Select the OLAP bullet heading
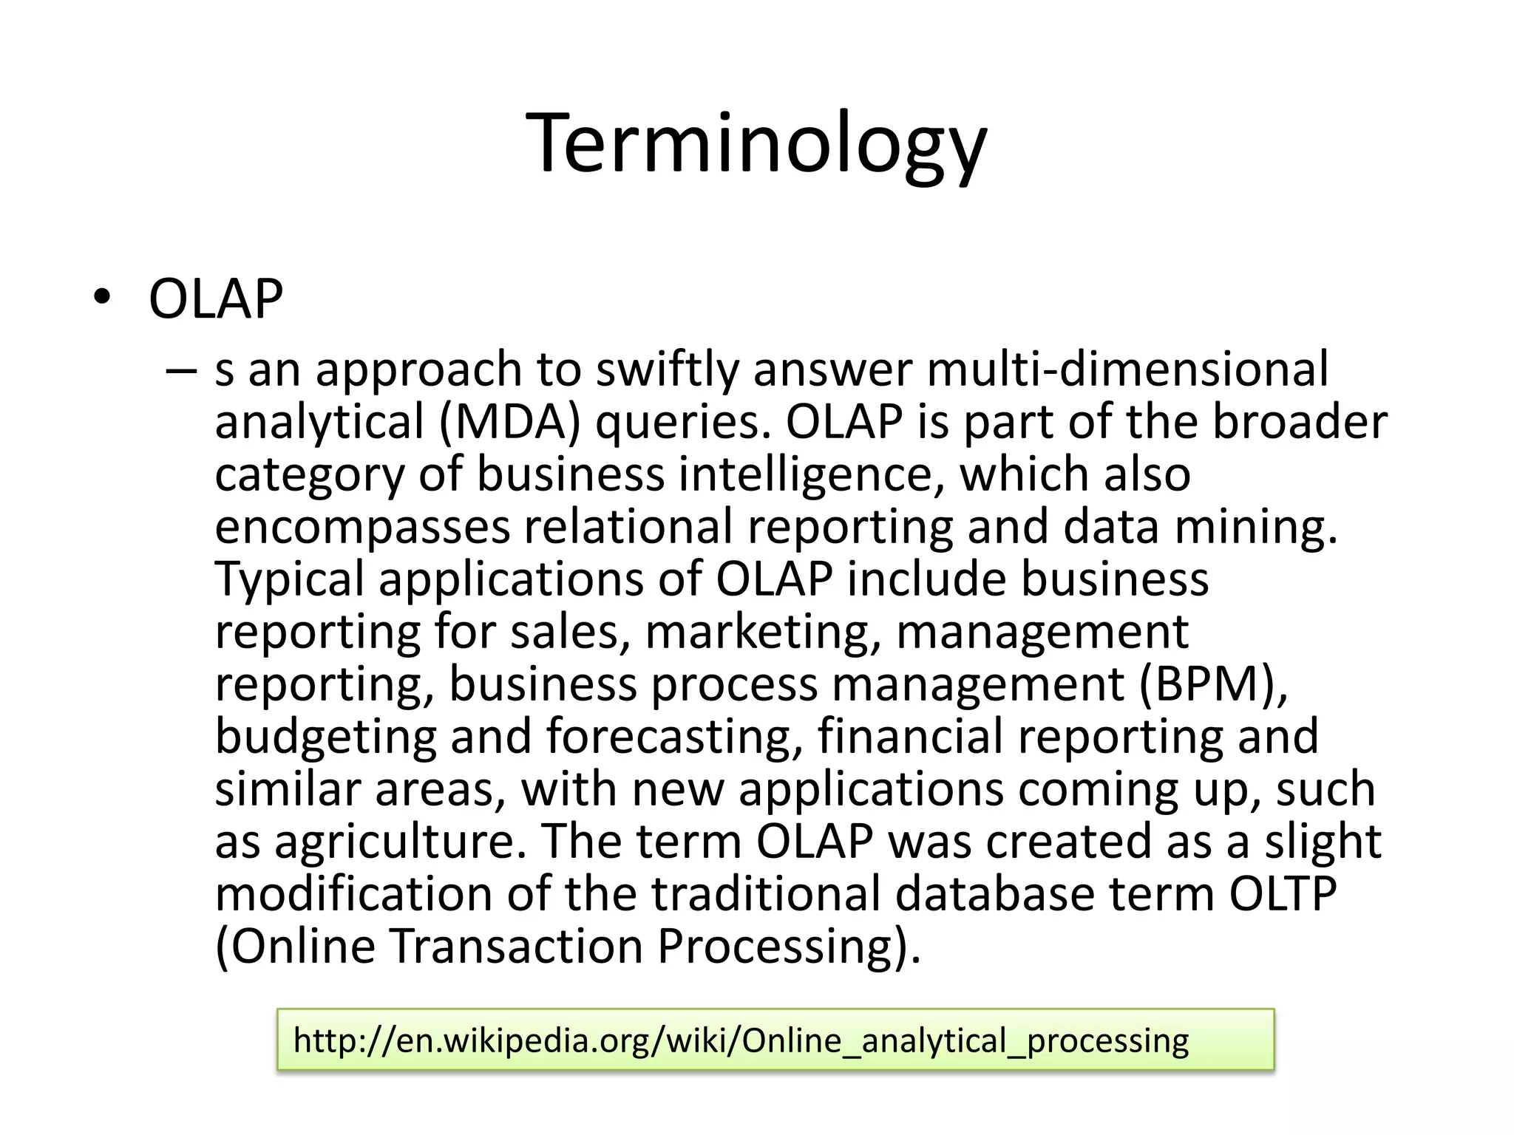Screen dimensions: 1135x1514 pos(216,299)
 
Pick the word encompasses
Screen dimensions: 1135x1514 pos(362,528)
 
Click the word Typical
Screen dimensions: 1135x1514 pos(290,579)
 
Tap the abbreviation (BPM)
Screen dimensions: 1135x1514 pos(1213,684)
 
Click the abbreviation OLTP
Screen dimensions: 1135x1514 pos(1283,893)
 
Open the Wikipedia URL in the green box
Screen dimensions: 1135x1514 pos(741,1040)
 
